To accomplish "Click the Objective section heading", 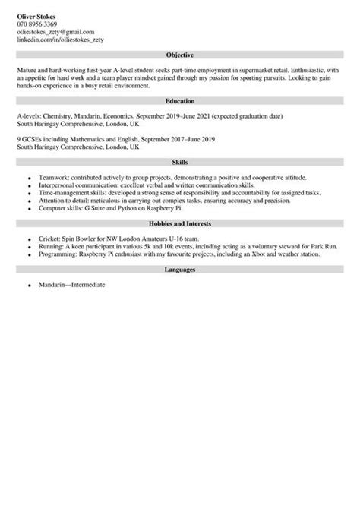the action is (180, 55).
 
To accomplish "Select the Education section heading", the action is (180, 100).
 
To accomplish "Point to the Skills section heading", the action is (180, 162).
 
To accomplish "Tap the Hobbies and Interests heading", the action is (180, 224).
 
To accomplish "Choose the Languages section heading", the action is (180, 270).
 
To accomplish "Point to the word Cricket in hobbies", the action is (49, 239).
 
